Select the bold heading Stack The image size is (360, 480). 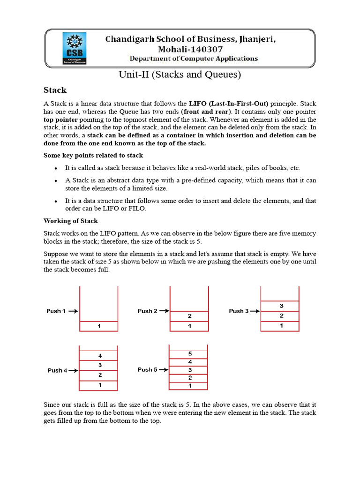55,90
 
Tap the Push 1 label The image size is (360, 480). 56,311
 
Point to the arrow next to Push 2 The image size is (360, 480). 164,311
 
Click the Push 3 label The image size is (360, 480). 239,311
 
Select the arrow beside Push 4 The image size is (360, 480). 74,370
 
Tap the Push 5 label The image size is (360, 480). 148,369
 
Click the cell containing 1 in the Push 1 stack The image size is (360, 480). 99,326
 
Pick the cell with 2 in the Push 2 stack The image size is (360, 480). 189,316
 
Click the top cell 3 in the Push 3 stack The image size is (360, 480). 280,306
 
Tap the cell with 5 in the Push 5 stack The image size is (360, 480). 189,353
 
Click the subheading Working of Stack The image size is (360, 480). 71,220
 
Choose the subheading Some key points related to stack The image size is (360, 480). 93,155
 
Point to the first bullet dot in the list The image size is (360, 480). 56,168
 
